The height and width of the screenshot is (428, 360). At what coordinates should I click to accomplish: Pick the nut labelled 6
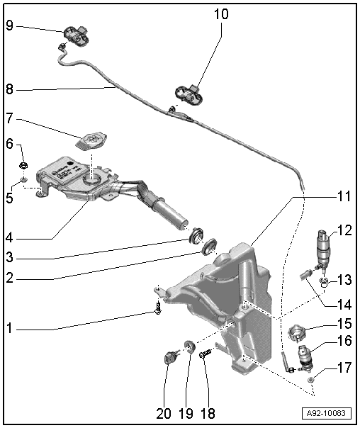click(23, 167)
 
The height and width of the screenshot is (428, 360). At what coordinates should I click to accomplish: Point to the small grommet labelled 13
click(324, 283)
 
